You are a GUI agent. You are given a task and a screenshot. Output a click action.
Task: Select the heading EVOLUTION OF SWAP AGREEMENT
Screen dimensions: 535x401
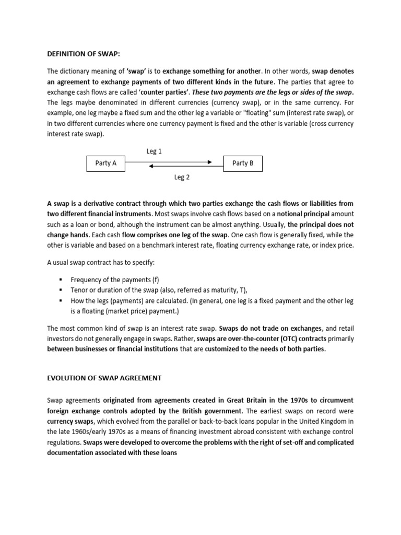104,378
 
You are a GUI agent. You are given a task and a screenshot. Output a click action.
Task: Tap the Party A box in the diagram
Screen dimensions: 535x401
105,164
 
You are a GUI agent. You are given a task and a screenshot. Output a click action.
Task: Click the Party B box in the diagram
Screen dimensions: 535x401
243,164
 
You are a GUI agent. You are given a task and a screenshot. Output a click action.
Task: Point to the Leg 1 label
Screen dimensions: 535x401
154,152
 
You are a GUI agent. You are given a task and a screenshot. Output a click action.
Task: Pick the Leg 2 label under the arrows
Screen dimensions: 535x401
182,178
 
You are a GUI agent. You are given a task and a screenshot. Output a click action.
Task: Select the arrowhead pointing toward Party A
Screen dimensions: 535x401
151,167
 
